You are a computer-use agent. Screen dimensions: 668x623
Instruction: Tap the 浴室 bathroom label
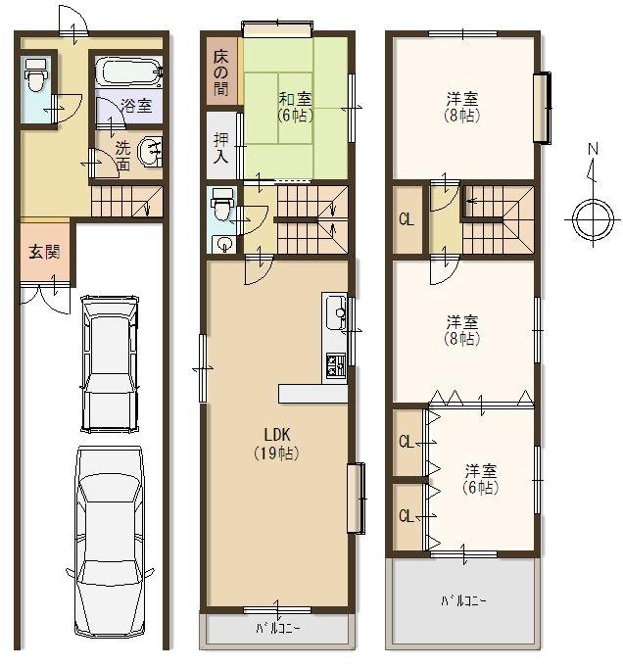point(135,106)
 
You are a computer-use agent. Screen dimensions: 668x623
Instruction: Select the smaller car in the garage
point(110,362)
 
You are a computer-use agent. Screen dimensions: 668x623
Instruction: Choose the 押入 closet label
point(221,147)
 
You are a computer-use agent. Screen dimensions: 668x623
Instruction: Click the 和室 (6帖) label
point(294,105)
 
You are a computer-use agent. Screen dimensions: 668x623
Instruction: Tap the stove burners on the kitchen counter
point(335,365)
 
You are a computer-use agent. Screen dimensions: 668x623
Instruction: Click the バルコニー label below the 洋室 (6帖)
point(462,600)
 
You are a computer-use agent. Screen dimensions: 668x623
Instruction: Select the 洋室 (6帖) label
point(479,478)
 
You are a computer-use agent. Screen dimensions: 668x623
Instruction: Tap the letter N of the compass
point(592,149)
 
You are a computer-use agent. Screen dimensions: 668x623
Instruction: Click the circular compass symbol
point(592,217)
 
